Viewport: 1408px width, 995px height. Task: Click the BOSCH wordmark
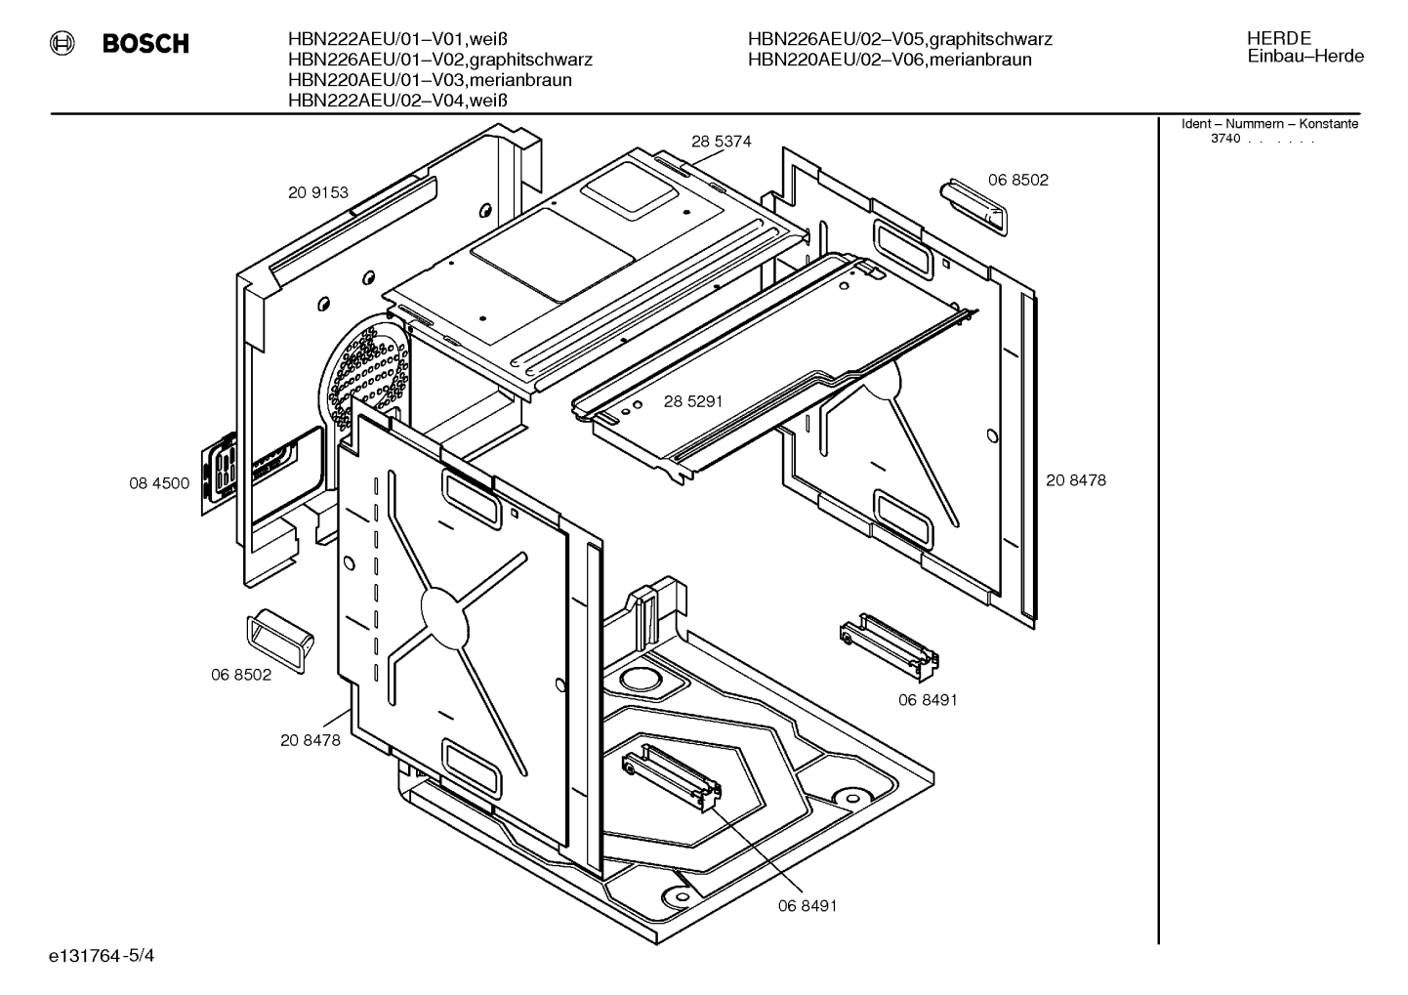tap(145, 43)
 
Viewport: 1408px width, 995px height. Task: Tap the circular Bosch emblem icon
tap(62, 43)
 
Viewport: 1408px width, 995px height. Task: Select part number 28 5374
tap(721, 142)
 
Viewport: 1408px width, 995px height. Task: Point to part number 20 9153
tap(318, 192)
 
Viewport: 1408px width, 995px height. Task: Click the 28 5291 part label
tap(693, 401)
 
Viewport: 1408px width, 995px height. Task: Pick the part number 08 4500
tap(159, 482)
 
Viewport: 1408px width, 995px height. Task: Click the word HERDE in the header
tap(1279, 38)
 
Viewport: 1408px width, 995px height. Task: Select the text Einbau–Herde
tap(1305, 56)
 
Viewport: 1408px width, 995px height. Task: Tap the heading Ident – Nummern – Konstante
tap(1269, 124)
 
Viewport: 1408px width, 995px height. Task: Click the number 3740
tap(1225, 139)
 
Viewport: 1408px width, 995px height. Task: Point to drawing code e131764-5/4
tap(102, 956)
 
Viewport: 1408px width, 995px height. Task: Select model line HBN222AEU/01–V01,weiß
tap(397, 39)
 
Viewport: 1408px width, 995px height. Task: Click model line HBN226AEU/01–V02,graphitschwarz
tap(440, 60)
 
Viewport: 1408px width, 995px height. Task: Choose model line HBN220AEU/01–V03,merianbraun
tap(430, 80)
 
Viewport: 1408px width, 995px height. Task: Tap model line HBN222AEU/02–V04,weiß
tap(397, 100)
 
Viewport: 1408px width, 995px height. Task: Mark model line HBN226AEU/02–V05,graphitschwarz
tap(900, 39)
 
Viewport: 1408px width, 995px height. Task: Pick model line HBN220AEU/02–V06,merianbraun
tap(890, 60)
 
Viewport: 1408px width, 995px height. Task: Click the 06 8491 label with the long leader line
tap(808, 906)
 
